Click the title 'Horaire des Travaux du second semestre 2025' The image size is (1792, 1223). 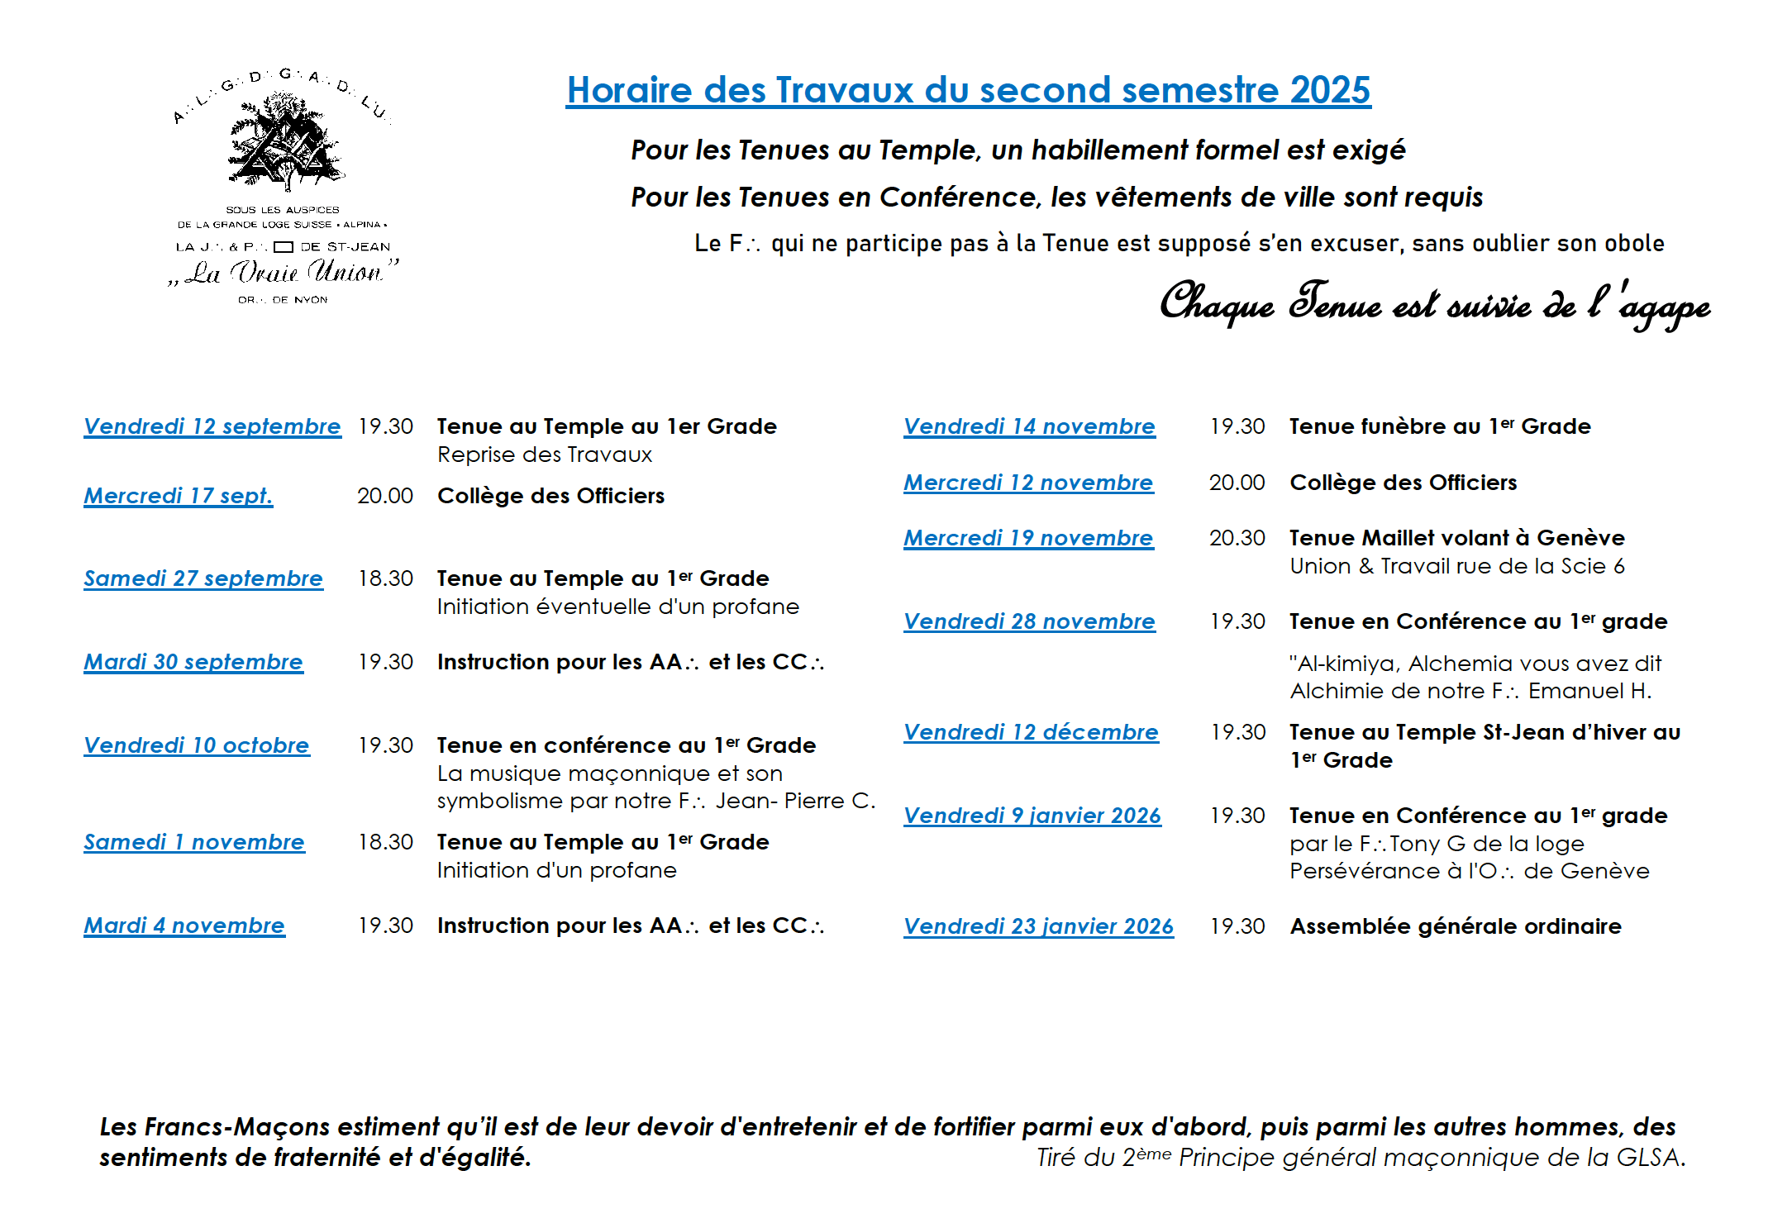pos(968,90)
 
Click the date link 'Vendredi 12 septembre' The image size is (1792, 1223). pos(212,426)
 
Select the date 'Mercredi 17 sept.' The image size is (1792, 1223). pos(179,496)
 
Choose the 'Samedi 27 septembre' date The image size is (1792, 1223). pos(203,578)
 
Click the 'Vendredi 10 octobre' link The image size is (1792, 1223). pos(197,745)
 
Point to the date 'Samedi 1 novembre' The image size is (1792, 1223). pos(194,842)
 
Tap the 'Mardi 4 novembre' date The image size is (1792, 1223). pos(184,926)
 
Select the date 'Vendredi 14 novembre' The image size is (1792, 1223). pos(1029,426)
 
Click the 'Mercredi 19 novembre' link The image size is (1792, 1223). pos(1028,538)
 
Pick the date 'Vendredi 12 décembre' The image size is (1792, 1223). pos(1031,732)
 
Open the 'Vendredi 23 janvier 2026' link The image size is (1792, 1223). pos(1038,926)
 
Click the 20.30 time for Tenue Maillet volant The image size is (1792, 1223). pos(1237,538)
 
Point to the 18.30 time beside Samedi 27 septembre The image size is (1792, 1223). pos(385,578)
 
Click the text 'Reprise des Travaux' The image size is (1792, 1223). pos(545,454)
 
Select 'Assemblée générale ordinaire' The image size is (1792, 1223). pos(1456,926)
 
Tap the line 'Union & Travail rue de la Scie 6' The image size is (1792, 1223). pos(1457,566)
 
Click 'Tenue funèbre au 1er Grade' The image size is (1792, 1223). pos(1440,426)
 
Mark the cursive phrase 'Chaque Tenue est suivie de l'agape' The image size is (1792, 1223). pos(1434,304)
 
